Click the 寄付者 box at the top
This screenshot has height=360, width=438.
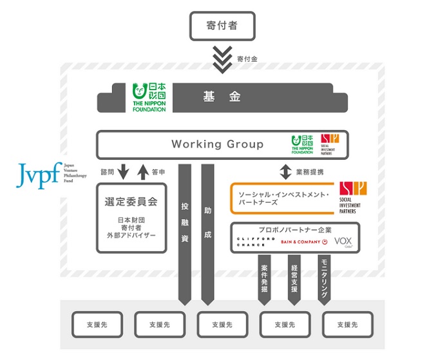tap(222, 26)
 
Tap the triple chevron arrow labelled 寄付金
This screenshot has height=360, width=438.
tap(222, 59)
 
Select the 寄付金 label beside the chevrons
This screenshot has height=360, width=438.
tap(247, 59)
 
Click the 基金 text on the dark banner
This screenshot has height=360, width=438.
tap(222, 97)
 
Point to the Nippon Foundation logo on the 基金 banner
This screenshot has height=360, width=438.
tap(149, 97)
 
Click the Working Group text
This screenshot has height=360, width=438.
tap(217, 144)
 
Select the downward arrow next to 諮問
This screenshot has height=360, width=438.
tap(124, 173)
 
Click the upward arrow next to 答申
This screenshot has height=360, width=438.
tap(143, 173)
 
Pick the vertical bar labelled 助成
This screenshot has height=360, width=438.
tap(207, 232)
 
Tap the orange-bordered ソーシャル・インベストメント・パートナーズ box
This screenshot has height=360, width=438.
tap(283, 198)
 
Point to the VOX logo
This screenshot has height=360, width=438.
tap(343, 242)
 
